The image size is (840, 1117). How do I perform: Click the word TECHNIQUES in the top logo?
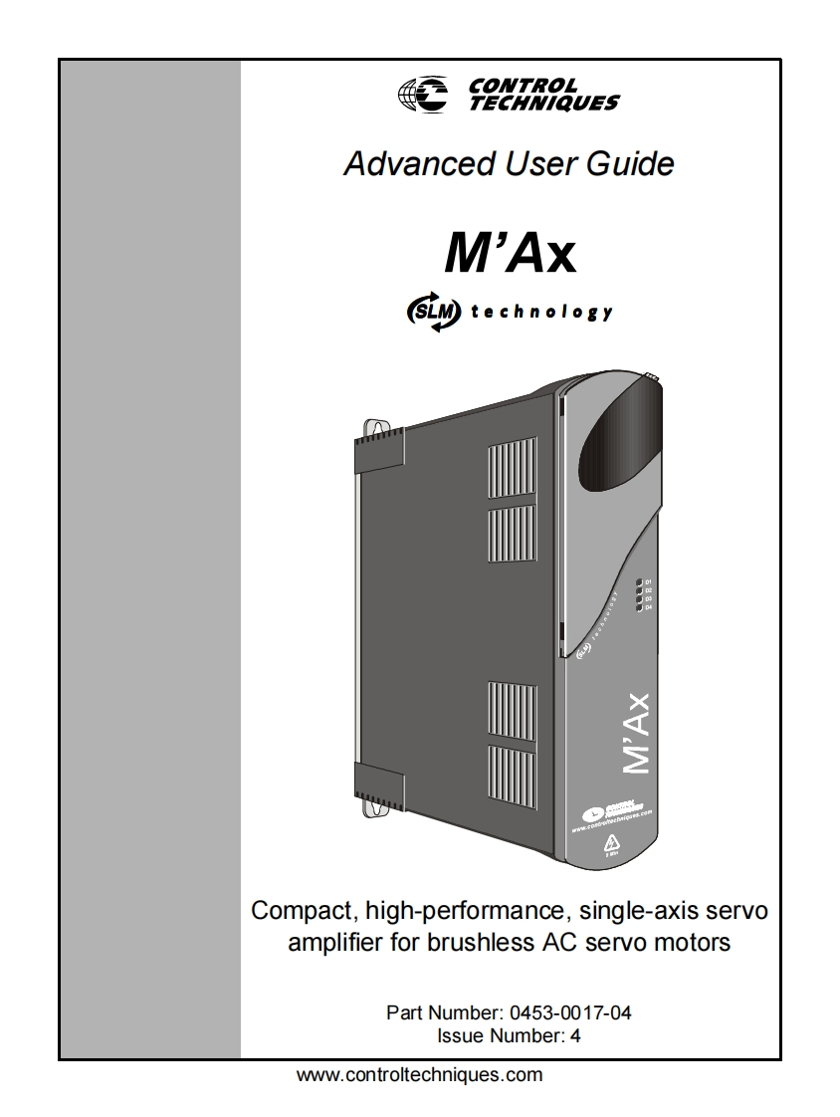pos(544,102)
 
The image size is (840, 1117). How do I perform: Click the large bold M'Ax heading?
pos(509,254)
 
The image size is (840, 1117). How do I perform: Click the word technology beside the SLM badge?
pos(541,312)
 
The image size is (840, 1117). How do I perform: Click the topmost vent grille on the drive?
pos(511,464)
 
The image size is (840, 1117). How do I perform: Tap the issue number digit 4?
pos(575,1035)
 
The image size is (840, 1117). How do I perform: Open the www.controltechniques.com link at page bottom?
pos(420,1075)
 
